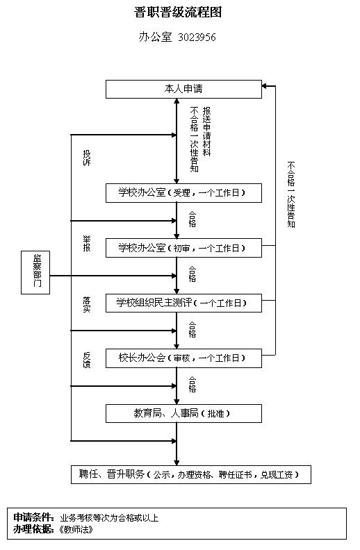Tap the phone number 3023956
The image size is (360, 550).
(197, 37)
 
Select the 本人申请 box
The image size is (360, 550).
(183, 89)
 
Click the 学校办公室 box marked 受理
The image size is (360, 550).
(183, 192)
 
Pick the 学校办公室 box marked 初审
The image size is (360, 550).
(183, 248)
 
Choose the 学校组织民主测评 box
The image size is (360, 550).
(183, 303)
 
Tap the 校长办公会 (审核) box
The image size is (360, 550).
(183, 358)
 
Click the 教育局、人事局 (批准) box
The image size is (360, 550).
(183, 413)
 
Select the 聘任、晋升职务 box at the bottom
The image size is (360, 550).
(190, 475)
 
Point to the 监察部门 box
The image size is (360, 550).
(37, 272)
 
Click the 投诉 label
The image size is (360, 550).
(87, 158)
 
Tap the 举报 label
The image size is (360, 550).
(87, 244)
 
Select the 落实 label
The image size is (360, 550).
(87, 304)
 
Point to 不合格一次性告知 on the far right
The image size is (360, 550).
(291, 194)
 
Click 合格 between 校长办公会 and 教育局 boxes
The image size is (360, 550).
(193, 384)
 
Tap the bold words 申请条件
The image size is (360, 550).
(33, 517)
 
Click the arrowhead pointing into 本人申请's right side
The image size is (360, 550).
(265, 87)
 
